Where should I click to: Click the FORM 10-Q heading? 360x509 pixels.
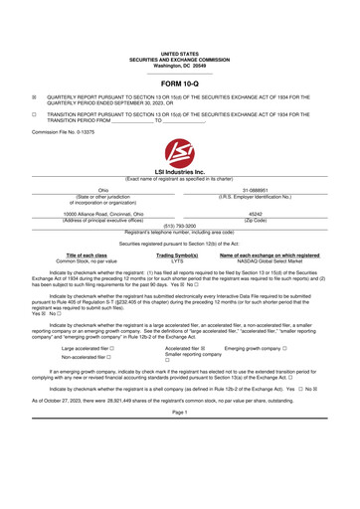pos(180,83)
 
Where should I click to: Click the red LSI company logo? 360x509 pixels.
pos(180,153)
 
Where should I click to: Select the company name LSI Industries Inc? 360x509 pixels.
pos(180,172)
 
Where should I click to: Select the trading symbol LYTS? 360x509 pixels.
pos(177,261)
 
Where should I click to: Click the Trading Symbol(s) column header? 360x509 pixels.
pos(177,255)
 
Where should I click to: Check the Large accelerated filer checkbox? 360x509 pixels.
pos(116,350)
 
